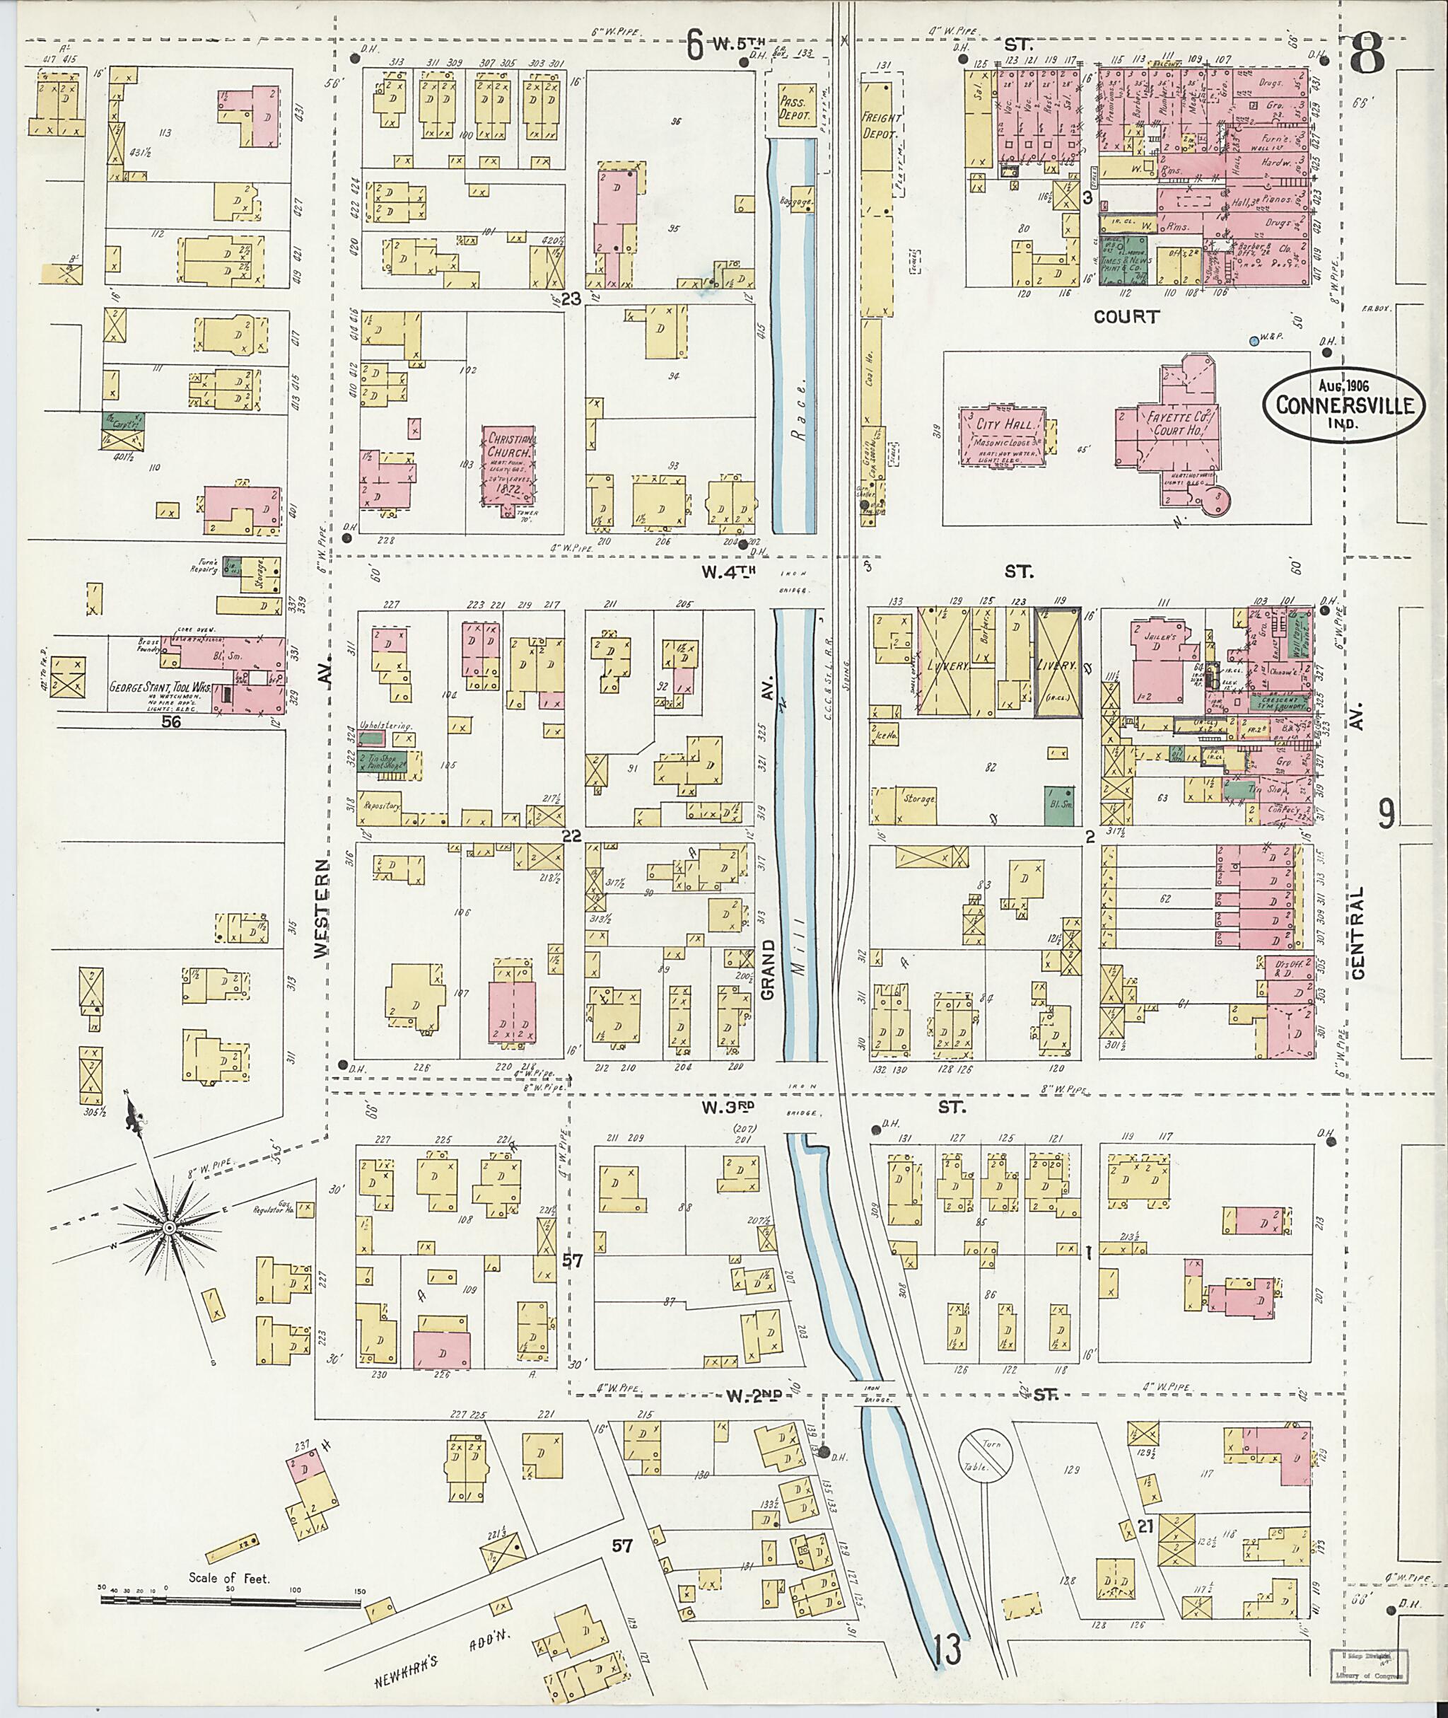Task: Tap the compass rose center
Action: (x=168, y=1228)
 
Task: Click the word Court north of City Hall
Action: (x=1126, y=316)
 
